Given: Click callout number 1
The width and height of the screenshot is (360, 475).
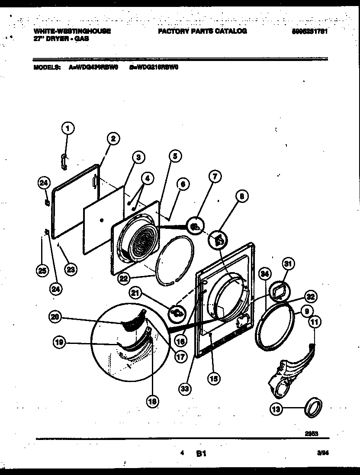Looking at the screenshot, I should [67, 128].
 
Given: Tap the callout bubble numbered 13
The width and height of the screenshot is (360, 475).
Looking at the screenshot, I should [276, 408].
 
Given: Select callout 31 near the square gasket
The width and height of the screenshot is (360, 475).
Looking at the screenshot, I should [288, 264].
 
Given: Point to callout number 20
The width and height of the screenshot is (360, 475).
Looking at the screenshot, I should [55, 317].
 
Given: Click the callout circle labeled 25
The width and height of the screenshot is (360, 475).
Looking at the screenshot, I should [42, 271].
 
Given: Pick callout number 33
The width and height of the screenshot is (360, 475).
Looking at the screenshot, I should [185, 388].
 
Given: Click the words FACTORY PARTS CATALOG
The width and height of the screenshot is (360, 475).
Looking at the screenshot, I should [202, 31].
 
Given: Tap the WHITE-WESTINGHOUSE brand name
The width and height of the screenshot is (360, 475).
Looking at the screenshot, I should [72, 31].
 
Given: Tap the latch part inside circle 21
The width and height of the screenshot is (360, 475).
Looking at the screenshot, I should [177, 311].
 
